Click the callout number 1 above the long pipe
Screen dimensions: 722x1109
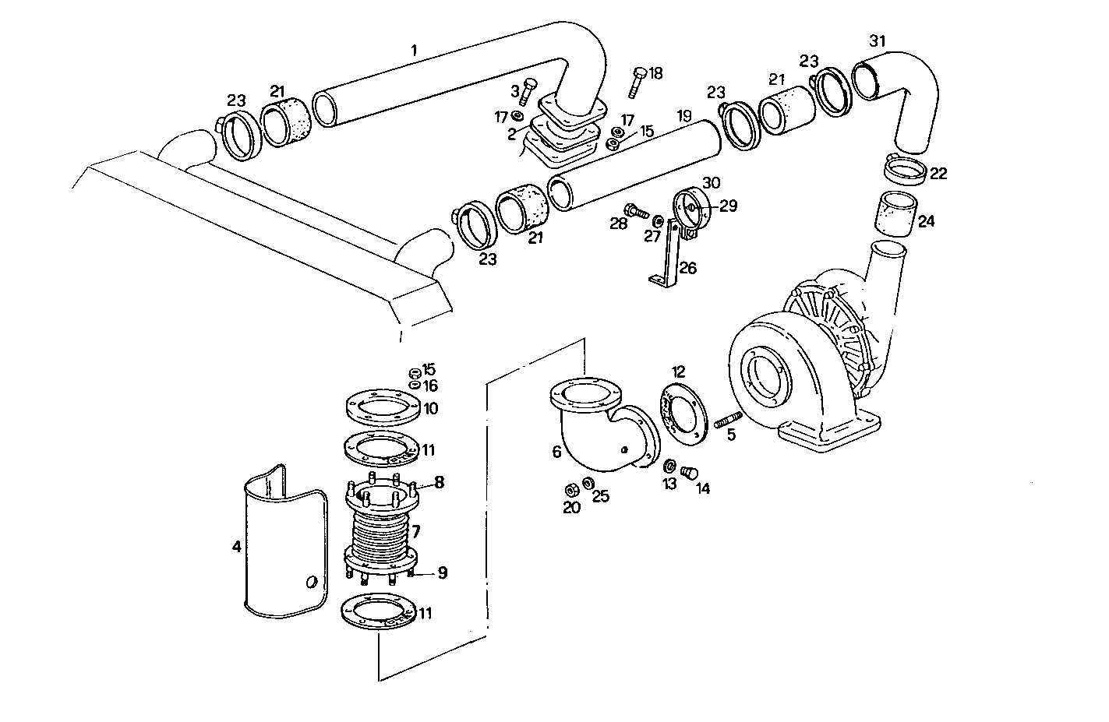(x=414, y=51)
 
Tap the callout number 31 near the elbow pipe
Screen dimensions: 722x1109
(x=877, y=41)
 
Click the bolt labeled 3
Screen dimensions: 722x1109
(x=528, y=91)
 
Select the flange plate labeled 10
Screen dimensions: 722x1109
(x=382, y=407)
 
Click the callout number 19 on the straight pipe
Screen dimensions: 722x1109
(x=683, y=116)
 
